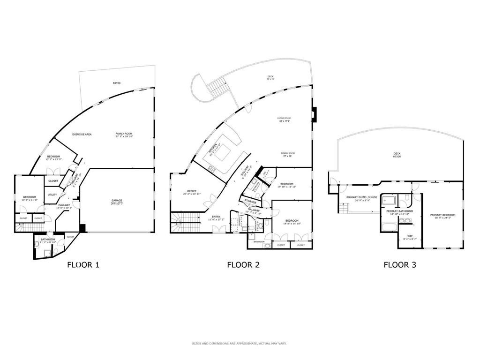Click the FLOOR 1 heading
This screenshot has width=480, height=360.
click(83, 264)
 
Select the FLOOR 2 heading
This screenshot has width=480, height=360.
click(243, 264)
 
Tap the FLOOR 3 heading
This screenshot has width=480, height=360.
click(400, 264)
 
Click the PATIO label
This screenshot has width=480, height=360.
click(117, 83)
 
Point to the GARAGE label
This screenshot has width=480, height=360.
click(117, 201)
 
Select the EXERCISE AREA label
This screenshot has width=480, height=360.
click(82, 135)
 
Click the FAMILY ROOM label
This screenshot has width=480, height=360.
click(124, 134)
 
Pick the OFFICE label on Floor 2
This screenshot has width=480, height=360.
click(192, 191)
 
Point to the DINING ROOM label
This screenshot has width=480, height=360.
click(288, 153)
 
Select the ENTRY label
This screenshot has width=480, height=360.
click(216, 217)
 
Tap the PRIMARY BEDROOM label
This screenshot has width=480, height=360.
click(442, 215)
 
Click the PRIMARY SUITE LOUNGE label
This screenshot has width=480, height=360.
click(362, 197)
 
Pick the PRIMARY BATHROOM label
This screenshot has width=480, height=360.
click(399, 211)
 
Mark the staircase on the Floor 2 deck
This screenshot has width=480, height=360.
click(218, 87)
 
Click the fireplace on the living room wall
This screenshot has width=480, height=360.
click(315, 113)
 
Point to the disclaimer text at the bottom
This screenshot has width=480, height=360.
click(239, 344)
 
